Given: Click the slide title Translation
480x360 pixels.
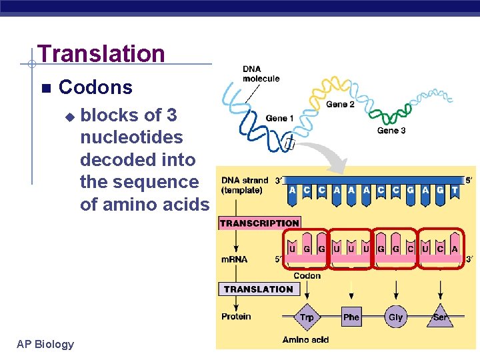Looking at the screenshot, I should pyautogui.click(x=101, y=53).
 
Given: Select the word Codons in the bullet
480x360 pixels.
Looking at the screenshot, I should pyautogui.click(x=95, y=87).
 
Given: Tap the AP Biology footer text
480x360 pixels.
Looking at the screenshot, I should pyautogui.click(x=45, y=344).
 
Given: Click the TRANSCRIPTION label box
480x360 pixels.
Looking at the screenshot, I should pyautogui.click(x=259, y=223).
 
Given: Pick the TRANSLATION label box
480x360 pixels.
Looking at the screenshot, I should pyautogui.click(x=259, y=289).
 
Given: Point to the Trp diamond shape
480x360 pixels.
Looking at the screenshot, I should pyautogui.click(x=307, y=317).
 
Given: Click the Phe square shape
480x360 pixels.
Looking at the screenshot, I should pyautogui.click(x=351, y=317).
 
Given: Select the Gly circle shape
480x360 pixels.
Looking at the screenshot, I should pyautogui.click(x=395, y=317).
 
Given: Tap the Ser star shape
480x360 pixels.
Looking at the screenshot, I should pyautogui.click(x=440, y=317).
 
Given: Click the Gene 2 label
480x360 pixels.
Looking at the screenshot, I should pyautogui.click(x=340, y=105).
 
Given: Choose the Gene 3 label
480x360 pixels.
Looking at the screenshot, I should pyautogui.click(x=391, y=131).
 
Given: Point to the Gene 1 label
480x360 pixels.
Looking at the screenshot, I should pyautogui.click(x=280, y=119).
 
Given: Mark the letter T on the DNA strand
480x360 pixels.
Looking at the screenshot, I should pyautogui.click(x=455, y=190).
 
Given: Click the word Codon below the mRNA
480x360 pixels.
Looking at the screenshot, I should pyautogui.click(x=307, y=275).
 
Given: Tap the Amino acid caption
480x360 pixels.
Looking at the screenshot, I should pyautogui.click(x=305, y=340).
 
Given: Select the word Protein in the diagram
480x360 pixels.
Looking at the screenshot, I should pyautogui.click(x=236, y=316).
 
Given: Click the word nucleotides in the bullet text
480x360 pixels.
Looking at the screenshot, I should pyautogui.click(x=131, y=137).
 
